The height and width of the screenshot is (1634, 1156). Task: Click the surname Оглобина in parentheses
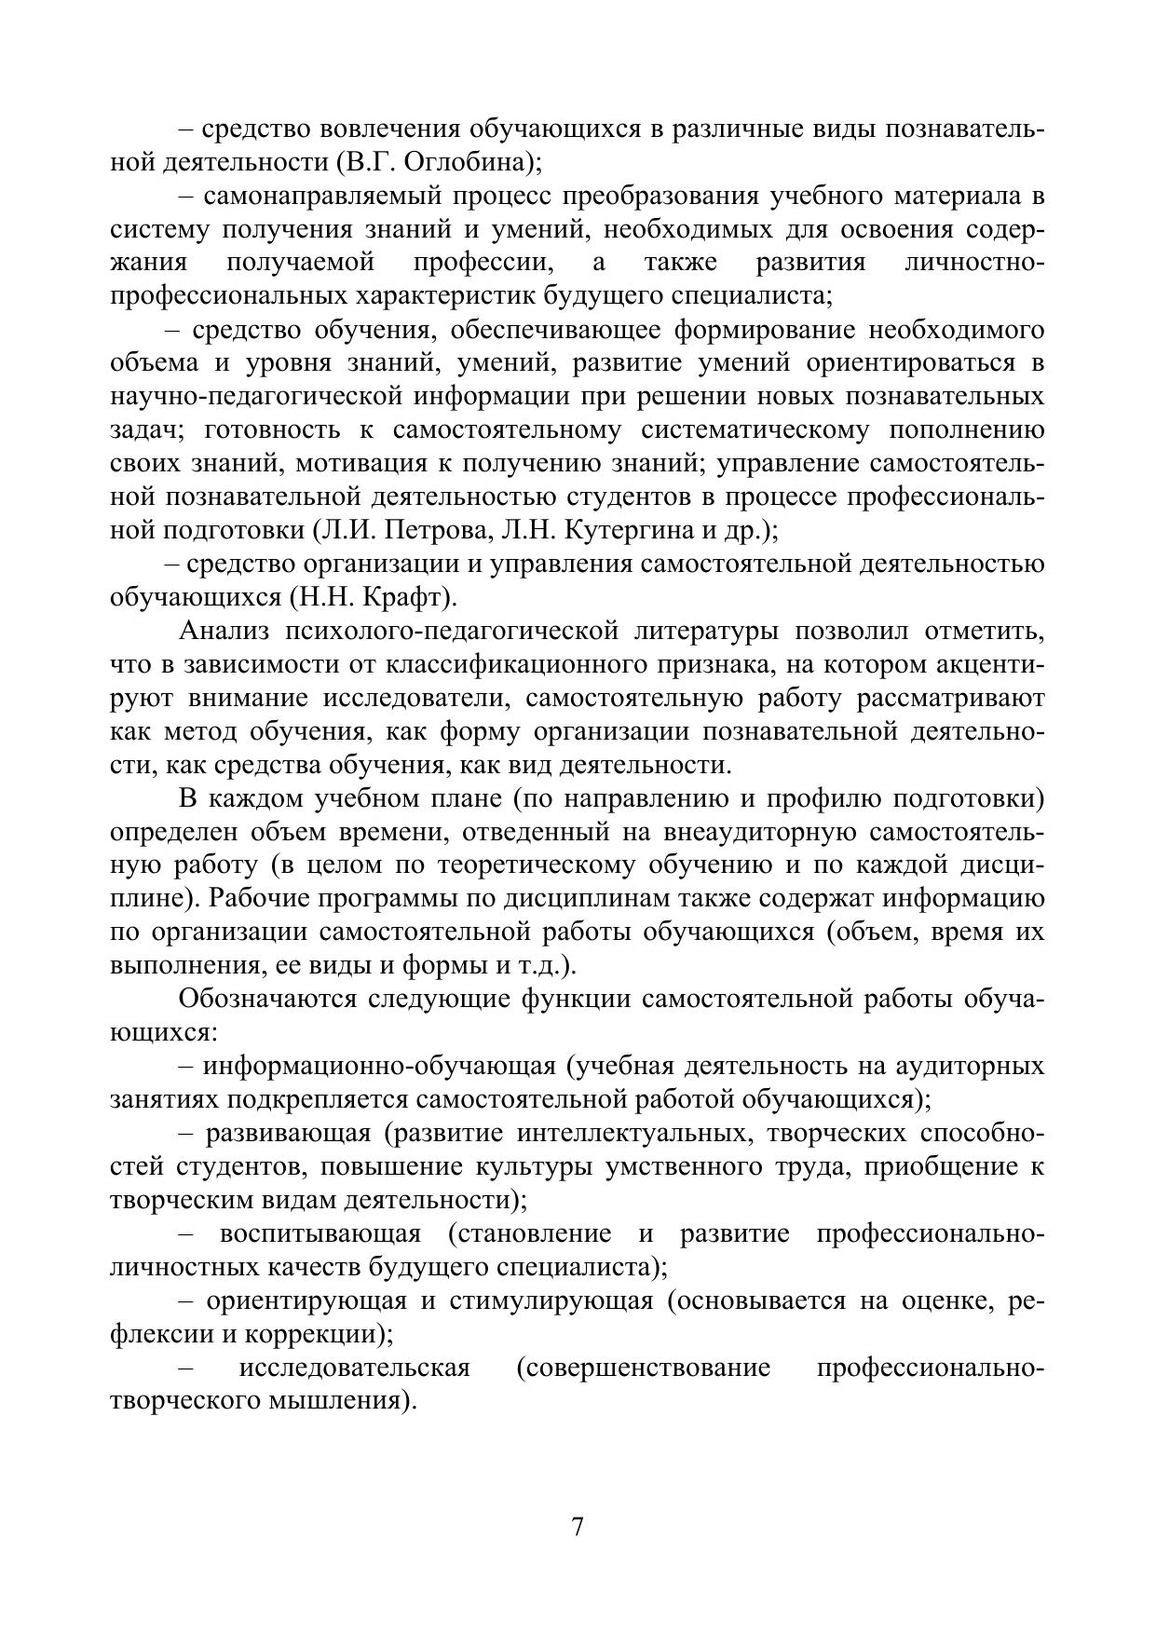click(454, 162)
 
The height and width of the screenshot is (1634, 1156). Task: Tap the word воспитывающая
click(320, 1234)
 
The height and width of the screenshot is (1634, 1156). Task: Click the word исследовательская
click(355, 1368)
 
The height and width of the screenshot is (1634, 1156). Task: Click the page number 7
click(578, 1528)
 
